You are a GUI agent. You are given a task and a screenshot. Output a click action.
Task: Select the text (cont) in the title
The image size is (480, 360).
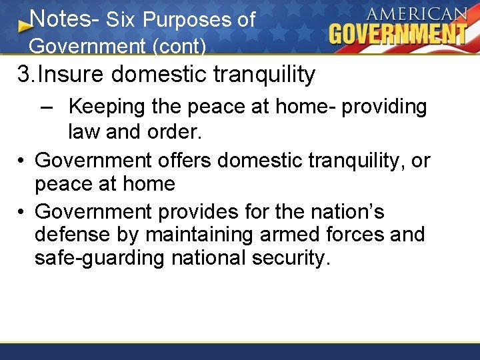pyautogui.click(x=184, y=47)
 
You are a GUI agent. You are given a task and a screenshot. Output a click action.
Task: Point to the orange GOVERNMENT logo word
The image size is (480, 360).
pyautogui.click(x=398, y=33)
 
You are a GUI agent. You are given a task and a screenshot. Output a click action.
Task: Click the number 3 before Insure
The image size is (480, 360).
pyautogui.click(x=24, y=74)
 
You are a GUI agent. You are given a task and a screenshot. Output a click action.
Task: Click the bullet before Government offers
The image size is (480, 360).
pyautogui.click(x=22, y=161)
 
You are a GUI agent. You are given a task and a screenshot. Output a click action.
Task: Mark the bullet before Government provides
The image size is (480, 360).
pyautogui.click(x=22, y=212)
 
